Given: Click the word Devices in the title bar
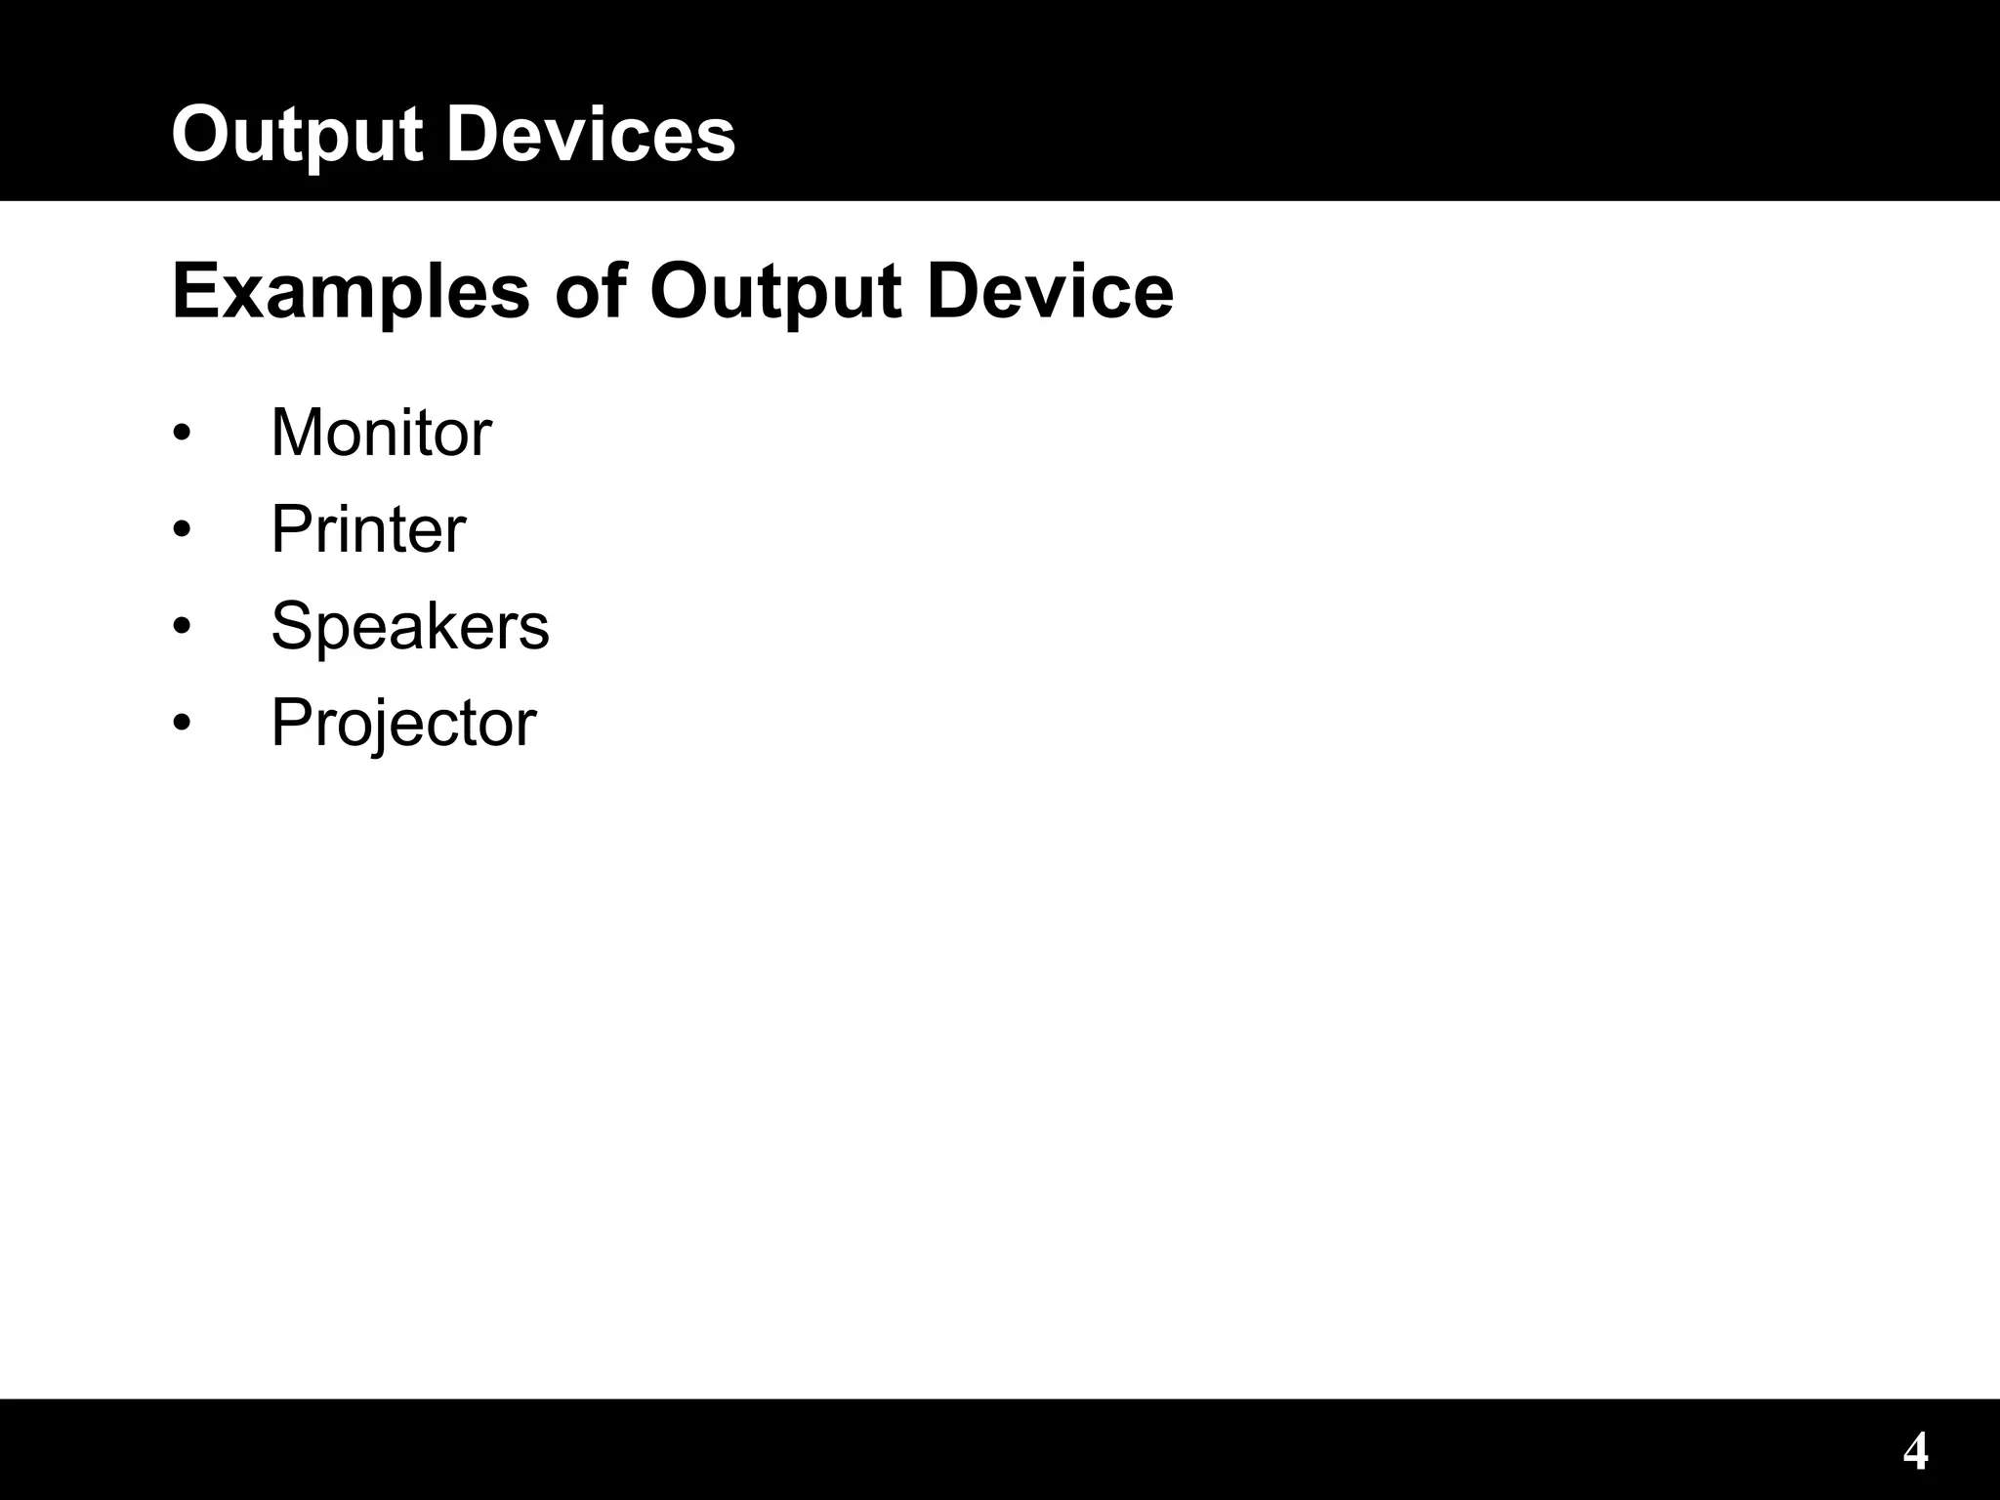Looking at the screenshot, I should click(x=591, y=135).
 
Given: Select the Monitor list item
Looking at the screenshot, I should click(x=381, y=432).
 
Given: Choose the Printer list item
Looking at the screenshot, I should click(x=368, y=529).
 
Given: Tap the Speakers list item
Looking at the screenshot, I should click(x=409, y=626).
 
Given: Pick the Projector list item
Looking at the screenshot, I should click(x=402, y=724).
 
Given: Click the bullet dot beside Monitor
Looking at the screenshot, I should click(x=182, y=433).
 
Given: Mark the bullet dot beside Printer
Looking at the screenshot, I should click(x=182, y=529).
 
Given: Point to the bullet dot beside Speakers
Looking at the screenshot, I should click(x=182, y=626).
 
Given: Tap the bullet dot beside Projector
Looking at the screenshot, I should click(x=182, y=723).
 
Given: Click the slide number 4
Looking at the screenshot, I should click(x=1916, y=1451).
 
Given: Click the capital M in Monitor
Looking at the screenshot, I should click(x=295, y=432).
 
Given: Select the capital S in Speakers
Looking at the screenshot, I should click(x=292, y=626).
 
